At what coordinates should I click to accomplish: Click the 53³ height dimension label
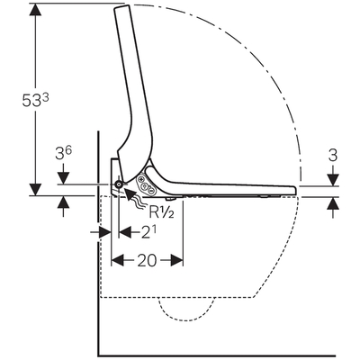coord(35,100)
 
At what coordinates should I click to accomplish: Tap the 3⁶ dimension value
coord(63,153)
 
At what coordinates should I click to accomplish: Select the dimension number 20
coord(147,260)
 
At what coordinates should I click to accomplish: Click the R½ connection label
coord(161,212)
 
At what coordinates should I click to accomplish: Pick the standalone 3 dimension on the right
coord(333,156)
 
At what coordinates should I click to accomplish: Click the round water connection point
coord(119,184)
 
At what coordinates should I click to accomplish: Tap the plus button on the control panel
coord(141,180)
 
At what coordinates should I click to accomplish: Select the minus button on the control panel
coord(150,191)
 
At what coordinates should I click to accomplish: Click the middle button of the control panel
coord(146,185)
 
